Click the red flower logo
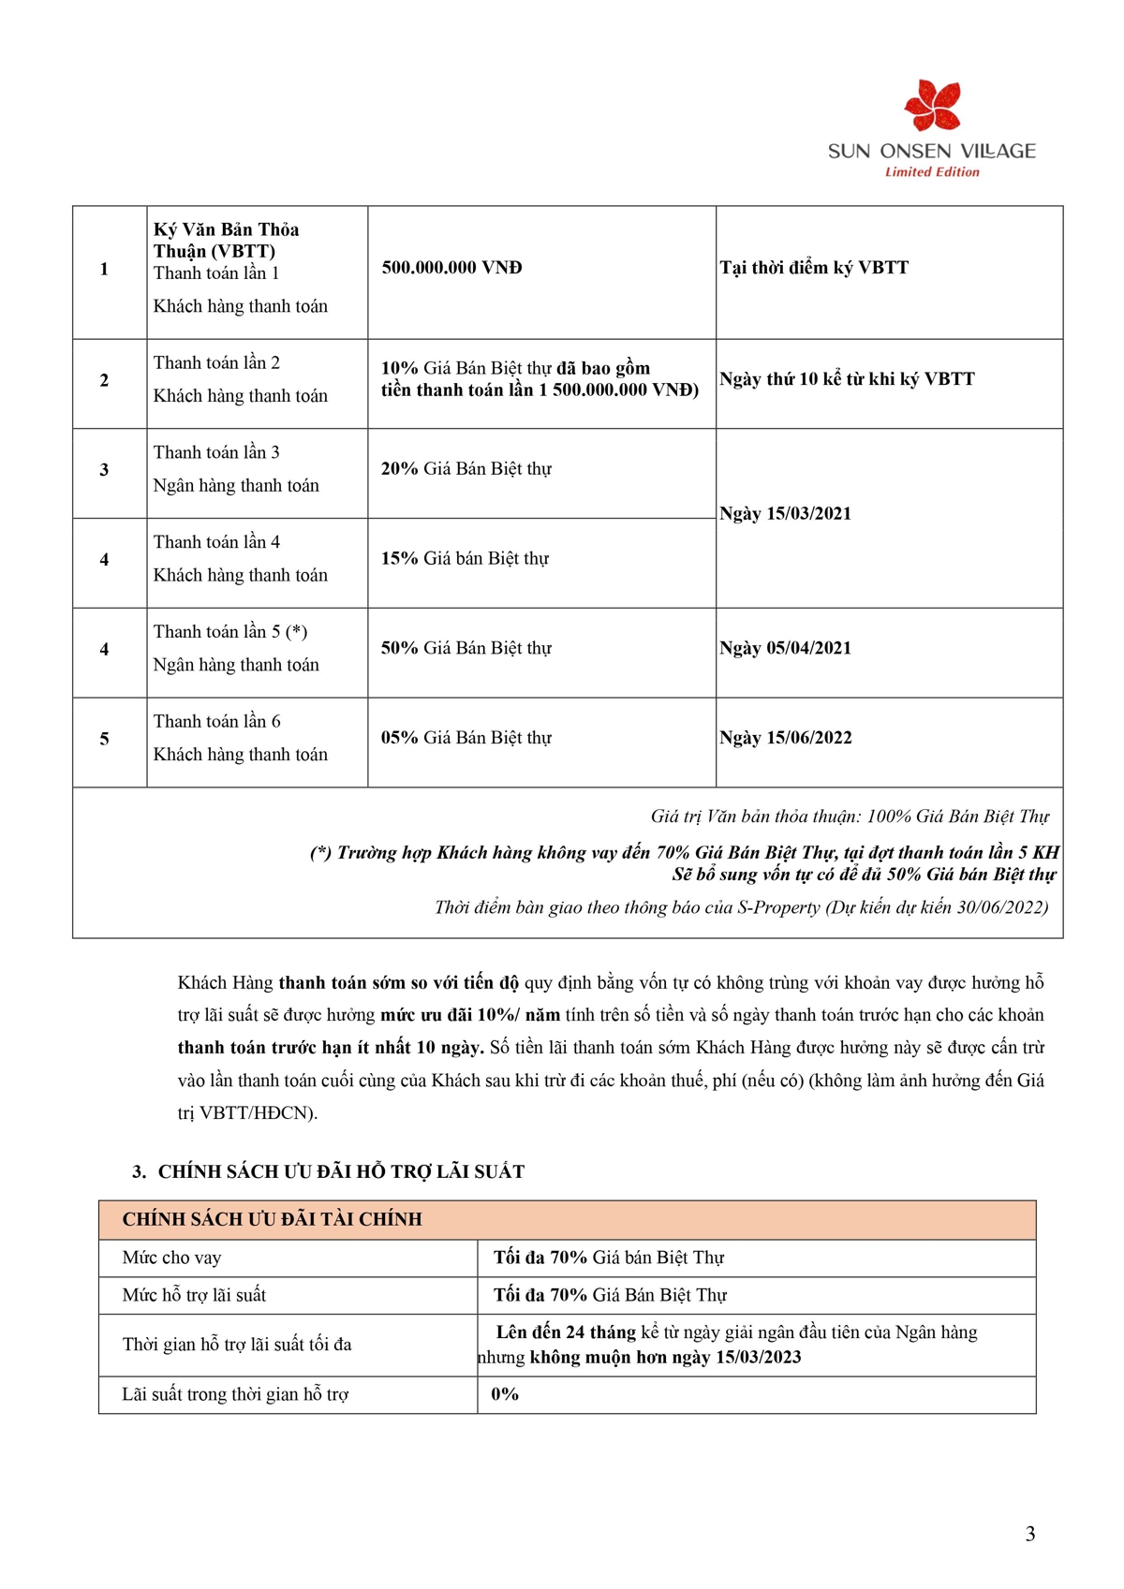click(x=932, y=106)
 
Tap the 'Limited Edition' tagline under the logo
click(x=932, y=172)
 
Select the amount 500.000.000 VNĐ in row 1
click(x=451, y=268)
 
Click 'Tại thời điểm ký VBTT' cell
click(x=814, y=268)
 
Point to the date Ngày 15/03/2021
click(x=785, y=513)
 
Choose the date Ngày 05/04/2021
click(x=785, y=648)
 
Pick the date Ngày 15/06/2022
click(x=785, y=738)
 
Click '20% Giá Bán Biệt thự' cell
click(x=466, y=469)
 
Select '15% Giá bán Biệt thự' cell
click(x=465, y=559)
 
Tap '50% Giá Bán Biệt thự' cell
click(x=466, y=648)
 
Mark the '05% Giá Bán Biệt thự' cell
click(x=466, y=738)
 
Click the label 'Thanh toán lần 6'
click(x=216, y=722)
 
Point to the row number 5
click(x=104, y=739)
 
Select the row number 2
click(x=104, y=380)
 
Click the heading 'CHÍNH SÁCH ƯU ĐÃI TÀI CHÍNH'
click(x=272, y=1219)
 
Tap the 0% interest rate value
click(x=505, y=1394)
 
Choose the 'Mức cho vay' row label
click(x=171, y=1258)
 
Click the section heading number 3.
click(x=139, y=1171)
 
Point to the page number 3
click(x=1030, y=1534)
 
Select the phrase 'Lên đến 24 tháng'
click(x=566, y=1332)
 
